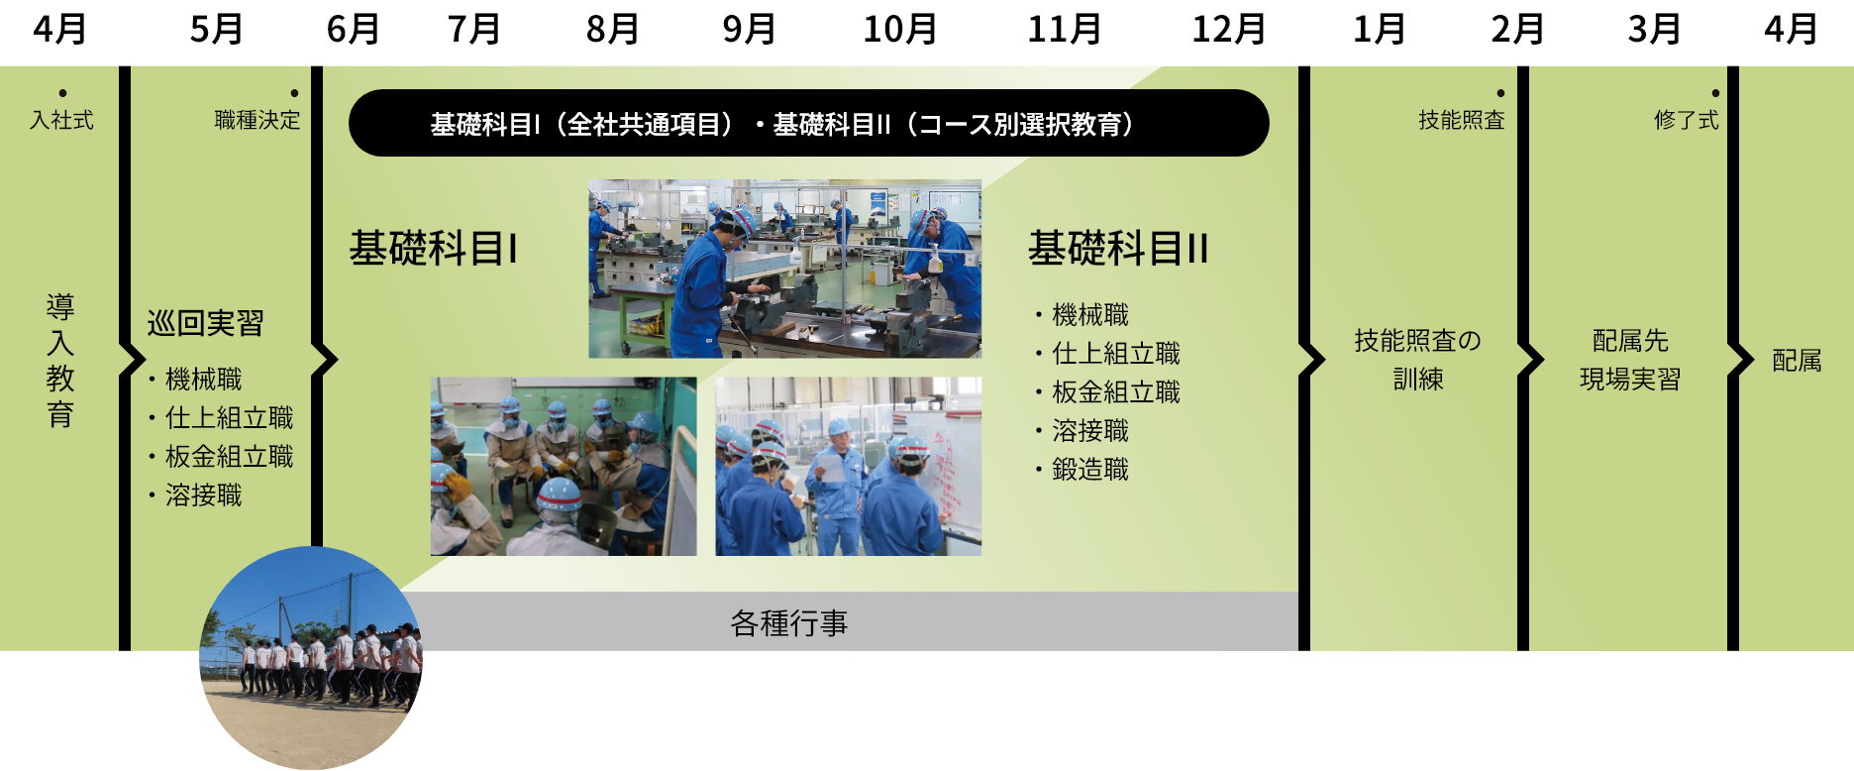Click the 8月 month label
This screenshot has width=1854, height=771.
(612, 30)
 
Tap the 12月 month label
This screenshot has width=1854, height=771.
(1228, 30)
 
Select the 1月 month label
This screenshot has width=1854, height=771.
(1379, 30)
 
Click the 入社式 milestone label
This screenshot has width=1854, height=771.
(61, 120)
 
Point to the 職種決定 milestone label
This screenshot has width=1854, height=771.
(257, 120)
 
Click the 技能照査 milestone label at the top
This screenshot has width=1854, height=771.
(1461, 120)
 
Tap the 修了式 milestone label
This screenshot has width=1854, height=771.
(1686, 120)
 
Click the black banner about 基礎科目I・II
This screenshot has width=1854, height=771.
(808, 123)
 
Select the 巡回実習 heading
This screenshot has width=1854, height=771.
(205, 323)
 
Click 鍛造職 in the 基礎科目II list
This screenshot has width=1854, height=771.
(1089, 470)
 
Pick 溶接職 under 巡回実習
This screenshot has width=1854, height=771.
(203, 496)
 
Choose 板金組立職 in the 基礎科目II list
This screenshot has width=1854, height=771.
(1115, 392)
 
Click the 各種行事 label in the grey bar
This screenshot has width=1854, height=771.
(789, 623)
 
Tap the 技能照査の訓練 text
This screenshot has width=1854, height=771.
(1417, 360)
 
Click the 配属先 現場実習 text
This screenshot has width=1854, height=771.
(1630, 360)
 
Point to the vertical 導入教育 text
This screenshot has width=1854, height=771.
(60, 360)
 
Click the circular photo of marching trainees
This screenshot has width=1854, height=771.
(311, 658)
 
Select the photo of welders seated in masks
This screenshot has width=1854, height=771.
(564, 466)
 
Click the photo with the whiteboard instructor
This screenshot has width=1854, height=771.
(849, 466)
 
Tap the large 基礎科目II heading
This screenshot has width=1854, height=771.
(1118, 248)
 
